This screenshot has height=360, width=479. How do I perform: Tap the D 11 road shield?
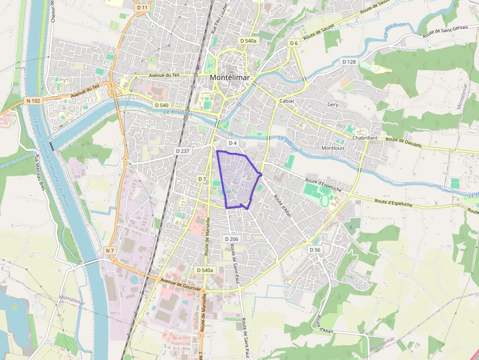click(142, 8)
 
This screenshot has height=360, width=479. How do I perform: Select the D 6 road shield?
click(293, 43)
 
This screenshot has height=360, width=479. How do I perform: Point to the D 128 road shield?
click(349, 62)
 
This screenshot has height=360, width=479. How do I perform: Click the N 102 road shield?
click(33, 101)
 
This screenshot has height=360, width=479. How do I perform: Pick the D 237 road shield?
click(182, 151)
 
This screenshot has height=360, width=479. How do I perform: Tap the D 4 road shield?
click(232, 143)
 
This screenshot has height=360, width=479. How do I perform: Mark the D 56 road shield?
click(315, 250)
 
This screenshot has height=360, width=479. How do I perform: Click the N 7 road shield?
click(110, 251)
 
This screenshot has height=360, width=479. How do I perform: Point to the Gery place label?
click(333, 105)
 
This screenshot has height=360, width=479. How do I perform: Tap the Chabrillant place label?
click(365, 138)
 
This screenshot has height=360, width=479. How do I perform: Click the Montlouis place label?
click(333, 148)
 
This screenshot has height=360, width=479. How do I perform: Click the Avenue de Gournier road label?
click(181, 284)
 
